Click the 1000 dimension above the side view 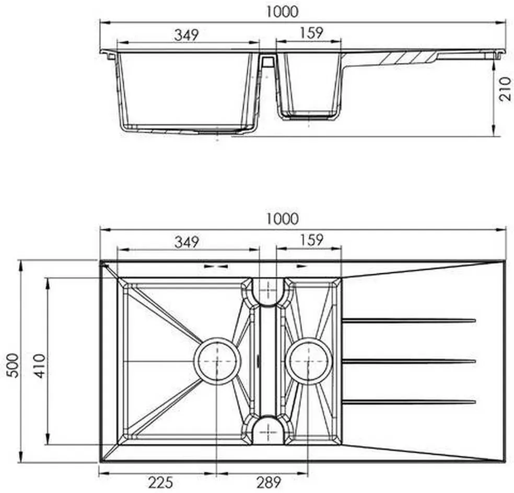tap(282, 12)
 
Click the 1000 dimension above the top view tap(282, 219)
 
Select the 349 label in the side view tap(186, 35)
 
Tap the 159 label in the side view tap(311, 33)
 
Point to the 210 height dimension tap(505, 89)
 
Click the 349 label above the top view tap(187, 242)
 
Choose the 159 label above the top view tap(311, 240)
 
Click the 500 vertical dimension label tap(13, 366)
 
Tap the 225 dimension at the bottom tap(161, 483)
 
